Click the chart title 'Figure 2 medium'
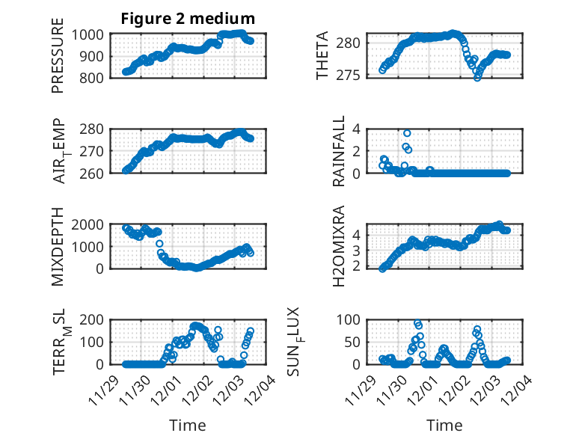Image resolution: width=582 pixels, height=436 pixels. coord(188,19)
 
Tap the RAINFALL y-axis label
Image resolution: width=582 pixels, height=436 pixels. coord(339,151)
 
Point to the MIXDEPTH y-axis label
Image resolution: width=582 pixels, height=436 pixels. coord(58,246)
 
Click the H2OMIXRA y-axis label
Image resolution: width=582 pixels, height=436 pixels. coord(339,246)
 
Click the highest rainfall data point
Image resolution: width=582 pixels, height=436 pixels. coord(407,133)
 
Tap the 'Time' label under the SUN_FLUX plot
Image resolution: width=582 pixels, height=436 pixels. coord(444,426)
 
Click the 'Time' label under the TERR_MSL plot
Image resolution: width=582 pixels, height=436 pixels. coord(188,426)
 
